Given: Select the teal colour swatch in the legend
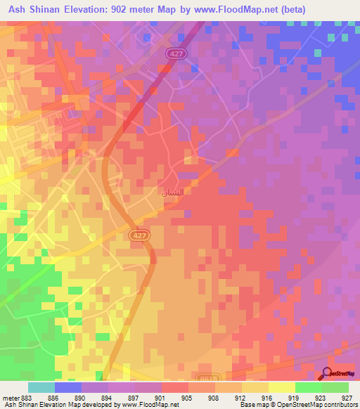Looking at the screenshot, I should click(41, 387).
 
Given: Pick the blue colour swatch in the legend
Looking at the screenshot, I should click(67, 387).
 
